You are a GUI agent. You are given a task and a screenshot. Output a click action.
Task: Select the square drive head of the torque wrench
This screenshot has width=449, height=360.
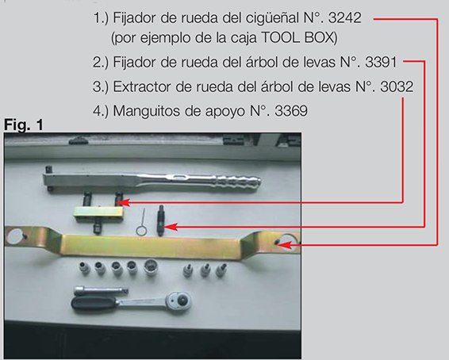52,174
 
